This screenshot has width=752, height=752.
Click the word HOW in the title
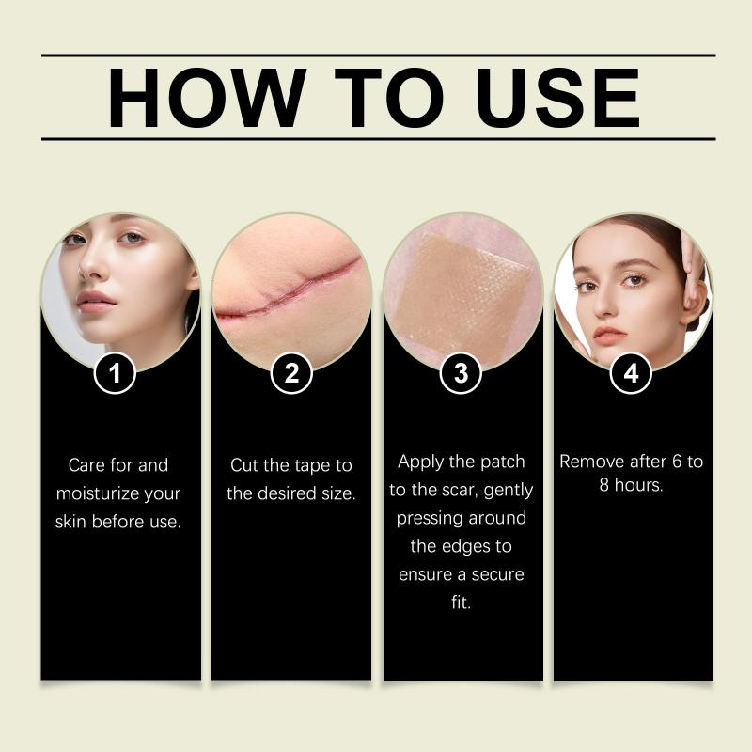pos(207,98)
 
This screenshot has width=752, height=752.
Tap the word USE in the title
pos(557,98)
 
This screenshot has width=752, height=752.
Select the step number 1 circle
pos(115,372)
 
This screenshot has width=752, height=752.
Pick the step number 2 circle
pos(291,372)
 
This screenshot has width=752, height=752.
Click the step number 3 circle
pos(461,372)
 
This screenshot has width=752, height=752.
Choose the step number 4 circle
pos(631,372)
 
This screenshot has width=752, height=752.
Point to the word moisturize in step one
pos(98,493)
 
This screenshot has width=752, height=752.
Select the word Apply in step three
pos(420,462)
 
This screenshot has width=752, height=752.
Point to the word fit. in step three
pos(461,602)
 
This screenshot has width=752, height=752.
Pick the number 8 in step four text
pos(604,485)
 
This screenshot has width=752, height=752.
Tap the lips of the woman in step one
pos(97,302)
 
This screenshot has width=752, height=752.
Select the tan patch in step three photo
pos(462,291)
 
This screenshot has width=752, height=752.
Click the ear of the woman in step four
pos(692,297)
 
